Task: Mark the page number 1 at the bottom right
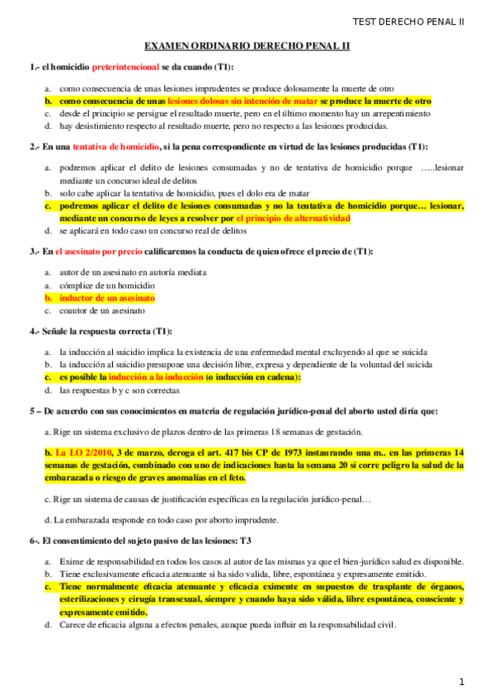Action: pyautogui.click(x=462, y=682)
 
